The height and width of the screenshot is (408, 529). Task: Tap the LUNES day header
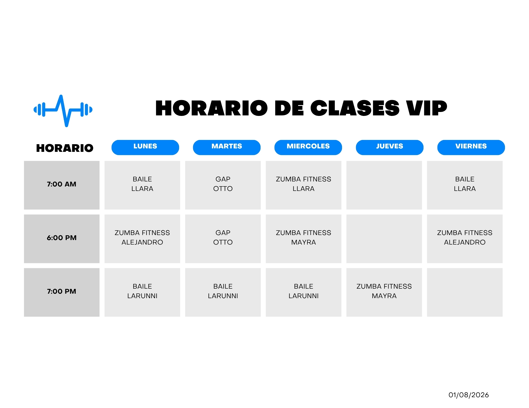[145, 147]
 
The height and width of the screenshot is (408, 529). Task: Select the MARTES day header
[227, 147]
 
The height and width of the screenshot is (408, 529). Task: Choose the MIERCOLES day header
[308, 147]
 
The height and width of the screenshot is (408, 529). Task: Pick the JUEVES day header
[390, 147]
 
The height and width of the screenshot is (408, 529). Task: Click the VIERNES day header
[471, 147]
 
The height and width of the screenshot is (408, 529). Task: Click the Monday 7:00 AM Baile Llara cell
[142, 185]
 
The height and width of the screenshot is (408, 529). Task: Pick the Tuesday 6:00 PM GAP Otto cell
[223, 239]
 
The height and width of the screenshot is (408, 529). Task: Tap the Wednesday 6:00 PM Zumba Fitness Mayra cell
[304, 239]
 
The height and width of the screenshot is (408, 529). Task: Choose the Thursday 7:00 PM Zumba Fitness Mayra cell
[384, 292]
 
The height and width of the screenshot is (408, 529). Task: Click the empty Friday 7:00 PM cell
[465, 292]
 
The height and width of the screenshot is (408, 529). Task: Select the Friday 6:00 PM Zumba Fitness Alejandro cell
[465, 239]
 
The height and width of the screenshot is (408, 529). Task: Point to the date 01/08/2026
[469, 395]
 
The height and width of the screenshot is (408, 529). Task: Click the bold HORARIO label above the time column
[65, 148]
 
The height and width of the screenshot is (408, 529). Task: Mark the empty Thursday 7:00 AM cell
[384, 185]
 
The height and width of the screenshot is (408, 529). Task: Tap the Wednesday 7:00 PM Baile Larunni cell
[304, 292]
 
